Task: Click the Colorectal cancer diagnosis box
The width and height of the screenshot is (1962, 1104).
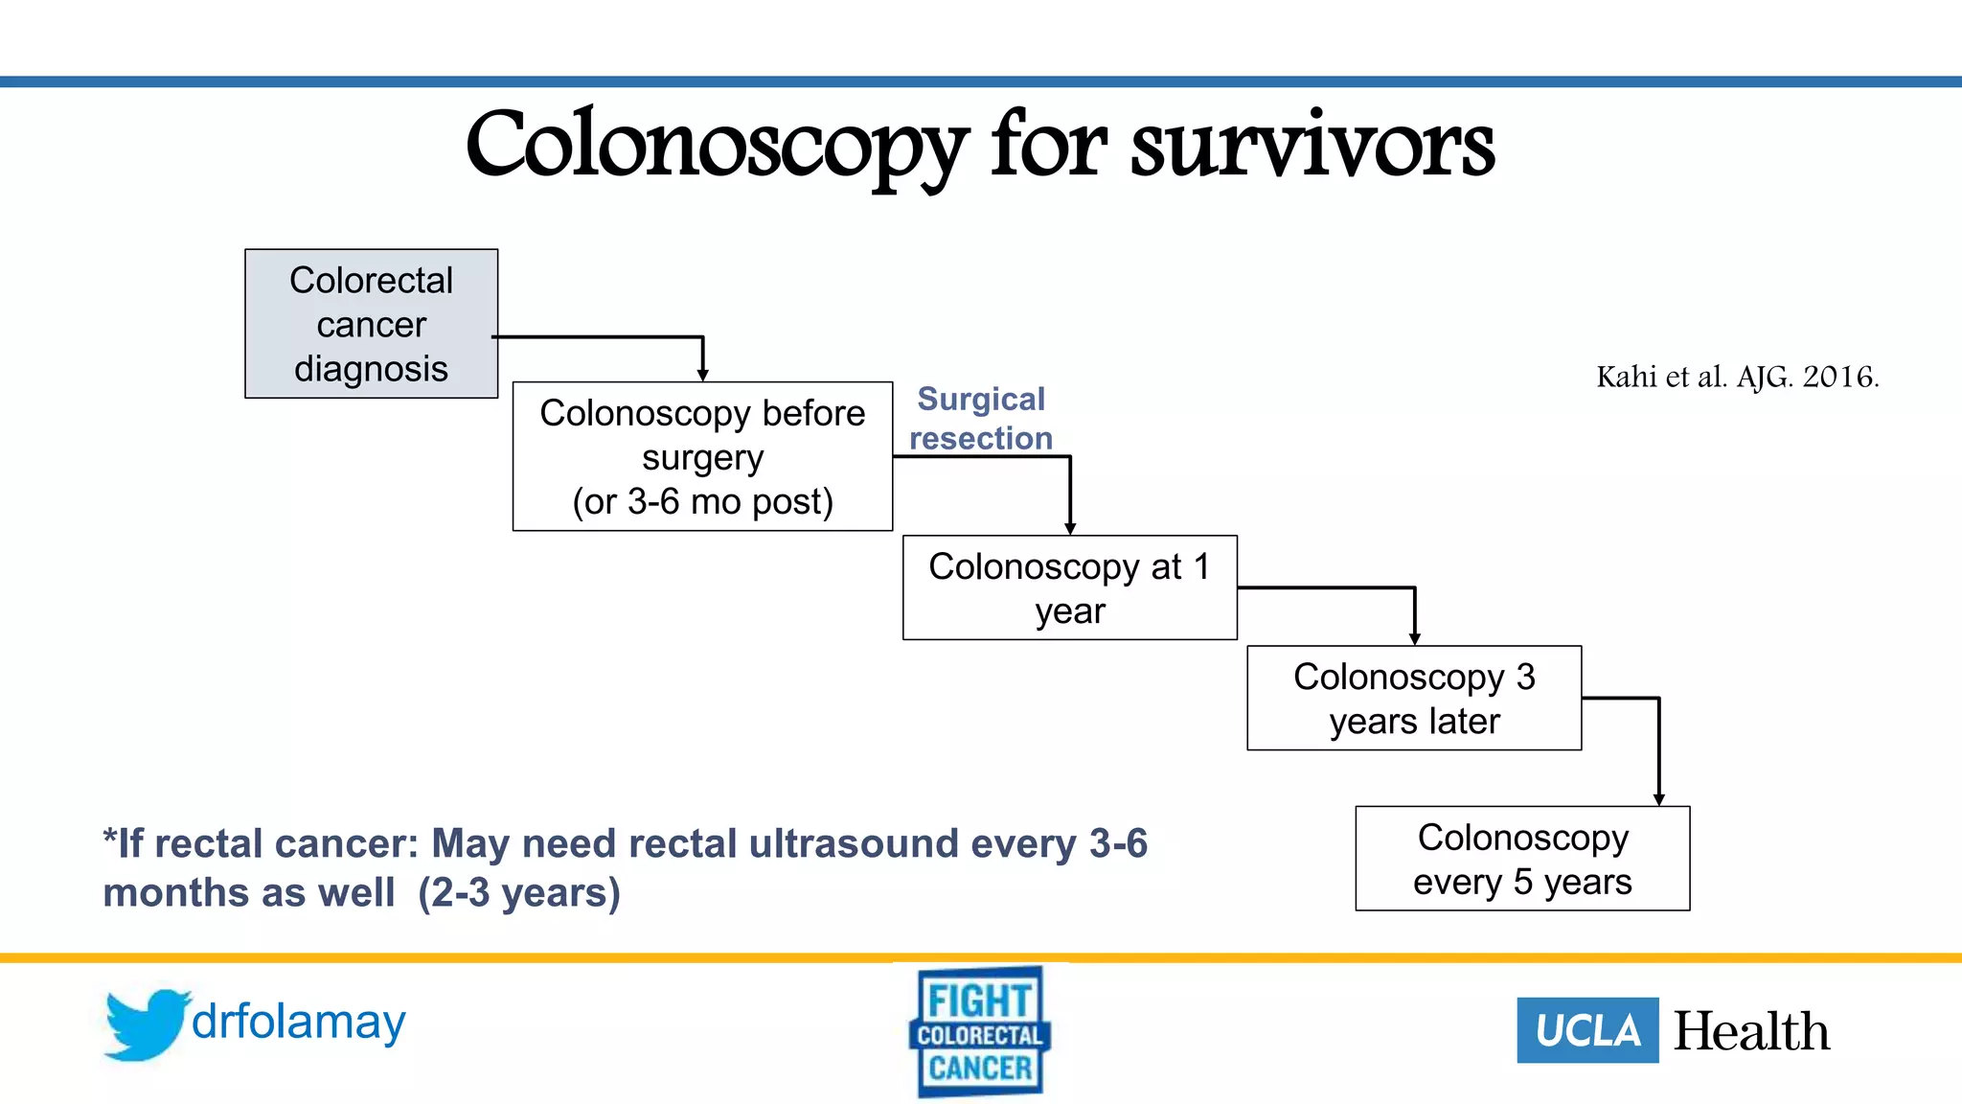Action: click(371, 324)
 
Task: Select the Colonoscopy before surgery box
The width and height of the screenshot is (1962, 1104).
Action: click(702, 457)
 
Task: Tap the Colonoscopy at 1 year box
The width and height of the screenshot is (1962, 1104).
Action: click(1069, 587)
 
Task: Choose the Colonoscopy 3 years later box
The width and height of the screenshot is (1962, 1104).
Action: click(1414, 698)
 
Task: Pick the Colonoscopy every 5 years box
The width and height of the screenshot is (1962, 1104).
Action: click(1522, 859)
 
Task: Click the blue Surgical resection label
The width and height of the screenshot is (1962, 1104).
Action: click(981, 418)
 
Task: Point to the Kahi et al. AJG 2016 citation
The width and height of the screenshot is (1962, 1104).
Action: click(1737, 377)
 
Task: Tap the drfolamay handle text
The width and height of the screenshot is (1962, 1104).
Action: click(299, 1022)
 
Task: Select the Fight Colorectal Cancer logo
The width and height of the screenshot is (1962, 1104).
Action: click(980, 1032)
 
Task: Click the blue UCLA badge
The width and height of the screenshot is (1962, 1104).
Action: click(1587, 1030)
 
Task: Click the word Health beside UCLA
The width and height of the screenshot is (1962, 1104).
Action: click(1751, 1031)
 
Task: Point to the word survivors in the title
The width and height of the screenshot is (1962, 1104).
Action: click(1312, 146)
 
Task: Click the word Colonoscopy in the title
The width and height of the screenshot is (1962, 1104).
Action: click(717, 146)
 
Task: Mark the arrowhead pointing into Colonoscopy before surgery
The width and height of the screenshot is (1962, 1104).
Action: click(702, 375)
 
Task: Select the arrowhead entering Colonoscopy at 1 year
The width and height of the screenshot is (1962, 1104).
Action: click(1070, 528)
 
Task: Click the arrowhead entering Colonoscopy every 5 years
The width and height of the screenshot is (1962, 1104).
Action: click(1658, 799)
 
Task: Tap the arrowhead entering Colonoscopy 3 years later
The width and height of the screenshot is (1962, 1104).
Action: click(1414, 638)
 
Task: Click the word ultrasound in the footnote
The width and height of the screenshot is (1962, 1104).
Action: click(854, 843)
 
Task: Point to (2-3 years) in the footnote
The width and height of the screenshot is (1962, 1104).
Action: click(519, 892)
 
